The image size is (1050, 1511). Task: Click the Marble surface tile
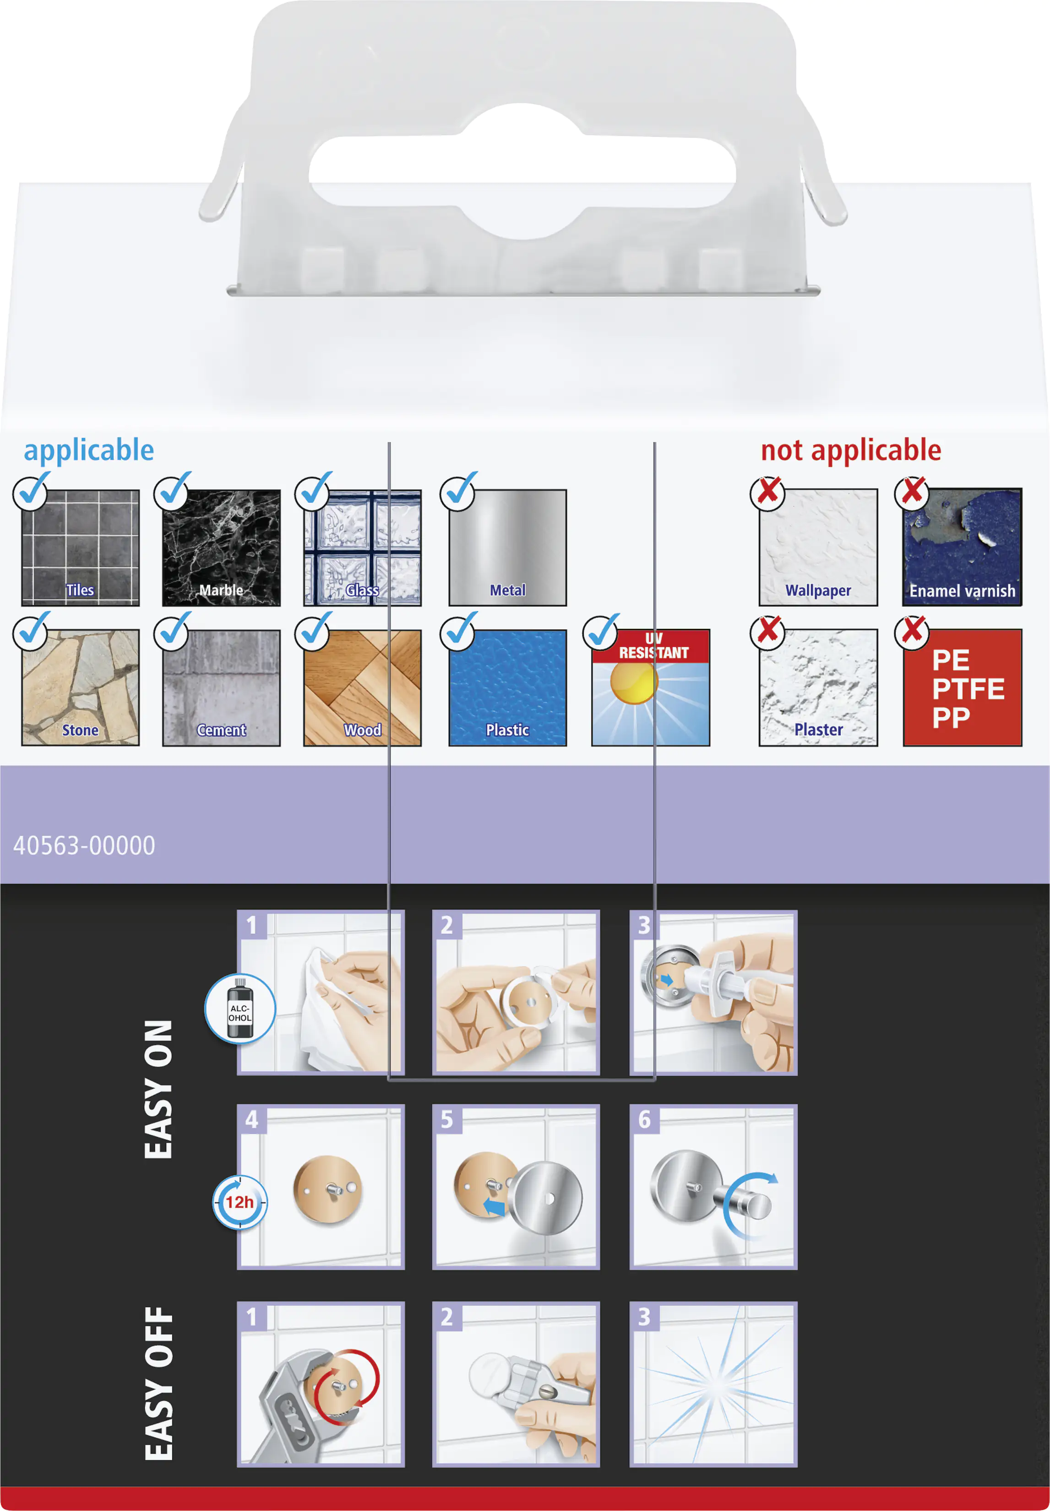(221, 547)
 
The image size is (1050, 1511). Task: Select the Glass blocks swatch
(363, 547)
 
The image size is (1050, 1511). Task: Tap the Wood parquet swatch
(363, 688)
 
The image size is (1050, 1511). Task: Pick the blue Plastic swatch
(507, 688)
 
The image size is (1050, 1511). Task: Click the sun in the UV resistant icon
(634, 682)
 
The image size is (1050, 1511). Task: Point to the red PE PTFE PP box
(963, 688)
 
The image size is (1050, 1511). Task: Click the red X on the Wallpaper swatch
(768, 491)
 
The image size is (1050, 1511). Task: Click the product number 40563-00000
(84, 846)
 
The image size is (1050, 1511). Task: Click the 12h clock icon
(240, 1202)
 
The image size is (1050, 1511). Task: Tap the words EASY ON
(158, 1089)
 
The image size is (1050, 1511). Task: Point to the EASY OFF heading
(158, 1384)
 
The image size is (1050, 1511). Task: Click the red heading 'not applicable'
(851, 451)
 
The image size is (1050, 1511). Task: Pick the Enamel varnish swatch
(963, 547)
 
